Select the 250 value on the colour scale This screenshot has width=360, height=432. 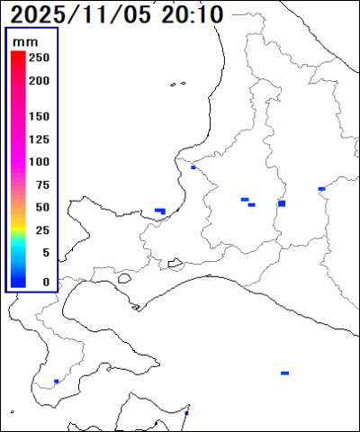coord(39,57)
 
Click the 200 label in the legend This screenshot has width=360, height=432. coord(39,79)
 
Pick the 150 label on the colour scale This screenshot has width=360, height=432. coord(39,117)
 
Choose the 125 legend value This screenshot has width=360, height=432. coord(39,139)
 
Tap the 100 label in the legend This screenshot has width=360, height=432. coord(39,162)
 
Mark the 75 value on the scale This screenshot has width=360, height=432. coord(42,184)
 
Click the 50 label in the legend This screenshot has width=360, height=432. coord(42,207)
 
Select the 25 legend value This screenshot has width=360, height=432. coord(42,230)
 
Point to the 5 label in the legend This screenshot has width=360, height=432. coord(46,253)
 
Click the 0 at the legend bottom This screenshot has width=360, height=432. coord(46,282)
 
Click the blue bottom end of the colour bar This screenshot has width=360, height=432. coord(18,282)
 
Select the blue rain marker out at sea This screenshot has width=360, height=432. coord(284,373)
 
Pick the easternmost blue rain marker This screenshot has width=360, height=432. coord(321,189)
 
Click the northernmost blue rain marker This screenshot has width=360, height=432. coord(193,166)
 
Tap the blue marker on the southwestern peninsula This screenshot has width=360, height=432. coord(56,382)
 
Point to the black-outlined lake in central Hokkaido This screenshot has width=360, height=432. coord(175,264)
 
